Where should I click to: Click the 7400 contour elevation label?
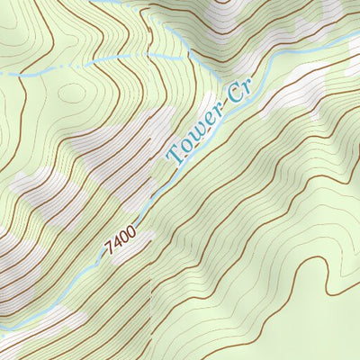click(120, 240)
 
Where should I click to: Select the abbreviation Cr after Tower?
click(240, 96)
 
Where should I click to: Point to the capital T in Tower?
click(173, 155)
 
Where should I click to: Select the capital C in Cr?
click(236, 100)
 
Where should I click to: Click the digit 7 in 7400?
click(109, 248)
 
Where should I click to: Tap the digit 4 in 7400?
click(116, 243)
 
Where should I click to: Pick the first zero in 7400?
click(123, 238)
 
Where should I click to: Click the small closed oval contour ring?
click(72, 94)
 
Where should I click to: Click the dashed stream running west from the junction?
click(90, 67)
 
